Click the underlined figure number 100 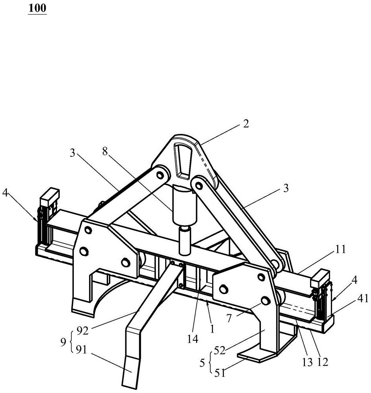(x=37, y=8)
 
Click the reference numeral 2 (x=246, y=123)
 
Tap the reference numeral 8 (x=105, y=152)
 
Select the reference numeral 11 (x=340, y=250)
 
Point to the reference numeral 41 (x=363, y=299)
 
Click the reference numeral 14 (x=193, y=339)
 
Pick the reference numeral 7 (x=229, y=318)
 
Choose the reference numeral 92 (x=83, y=331)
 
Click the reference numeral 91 (x=81, y=350)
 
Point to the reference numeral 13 (x=308, y=362)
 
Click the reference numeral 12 (x=323, y=362)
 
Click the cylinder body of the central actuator (x=185, y=204)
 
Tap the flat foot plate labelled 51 (x=258, y=355)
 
